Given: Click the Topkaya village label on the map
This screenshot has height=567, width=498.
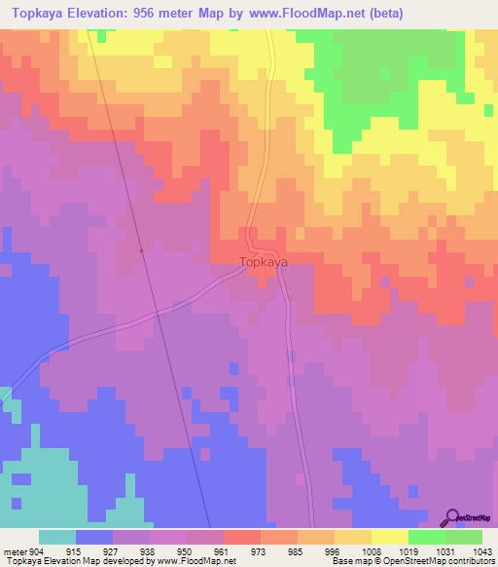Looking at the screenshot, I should (264, 262).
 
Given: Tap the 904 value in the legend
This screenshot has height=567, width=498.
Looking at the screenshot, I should (37, 551).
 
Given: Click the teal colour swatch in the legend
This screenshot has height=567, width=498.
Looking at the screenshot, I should (56, 537).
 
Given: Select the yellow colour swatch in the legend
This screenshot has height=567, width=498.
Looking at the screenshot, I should (389, 537).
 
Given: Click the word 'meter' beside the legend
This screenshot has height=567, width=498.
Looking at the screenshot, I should (15, 551).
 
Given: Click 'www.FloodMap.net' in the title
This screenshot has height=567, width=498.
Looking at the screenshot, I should (296, 14).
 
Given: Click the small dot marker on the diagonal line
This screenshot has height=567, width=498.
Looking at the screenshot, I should (142, 250).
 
